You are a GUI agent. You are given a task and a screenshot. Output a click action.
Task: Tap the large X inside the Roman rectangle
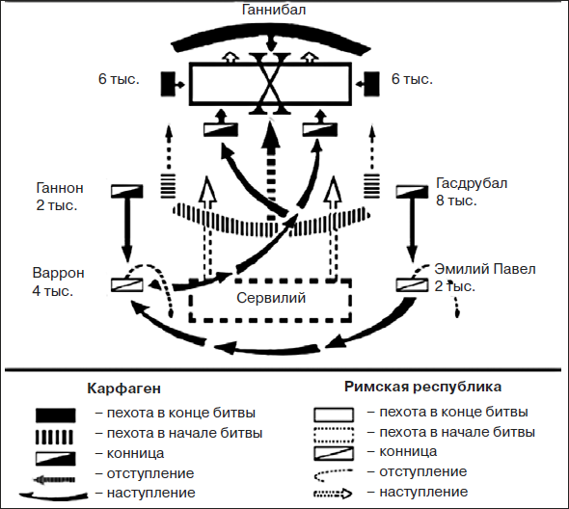click(x=271, y=85)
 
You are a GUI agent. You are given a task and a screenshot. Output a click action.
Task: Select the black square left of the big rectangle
click(x=167, y=84)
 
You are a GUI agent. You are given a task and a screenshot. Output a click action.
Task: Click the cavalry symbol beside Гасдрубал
click(x=415, y=192)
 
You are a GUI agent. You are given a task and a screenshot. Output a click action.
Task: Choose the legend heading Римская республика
click(x=422, y=387)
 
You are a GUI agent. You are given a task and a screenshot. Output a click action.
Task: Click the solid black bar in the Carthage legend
click(x=56, y=415)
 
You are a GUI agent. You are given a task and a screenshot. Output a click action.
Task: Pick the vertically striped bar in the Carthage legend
click(x=56, y=434)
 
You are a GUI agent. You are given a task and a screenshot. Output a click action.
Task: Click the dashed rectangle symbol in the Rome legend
click(x=335, y=433)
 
